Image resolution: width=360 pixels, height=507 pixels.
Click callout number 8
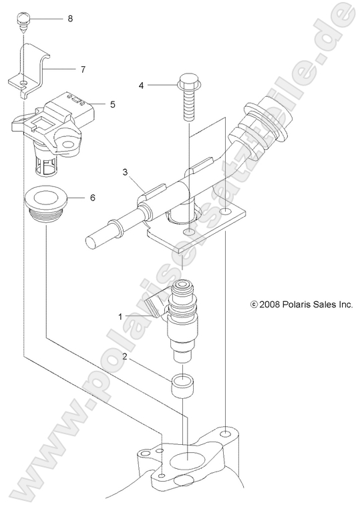click(x=70, y=19)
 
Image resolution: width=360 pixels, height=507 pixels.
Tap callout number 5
click(x=112, y=104)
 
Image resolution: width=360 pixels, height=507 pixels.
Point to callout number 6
click(x=93, y=198)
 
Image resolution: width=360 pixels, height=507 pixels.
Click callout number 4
click(x=141, y=86)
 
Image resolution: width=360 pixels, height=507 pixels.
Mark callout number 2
click(x=124, y=357)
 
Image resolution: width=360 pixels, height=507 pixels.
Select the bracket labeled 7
click(x=33, y=71)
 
